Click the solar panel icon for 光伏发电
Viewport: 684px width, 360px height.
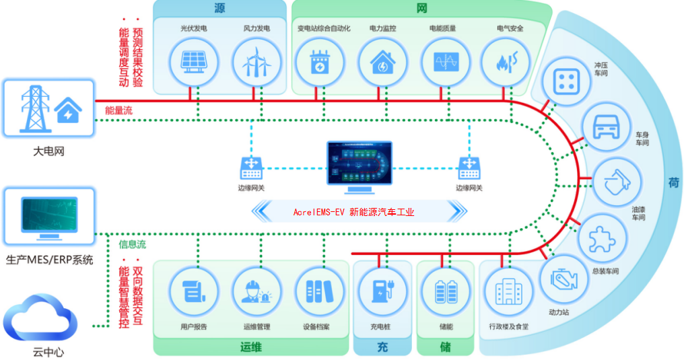[194, 62]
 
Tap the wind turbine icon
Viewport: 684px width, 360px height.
[256, 63]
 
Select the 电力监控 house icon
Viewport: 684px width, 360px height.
[382, 63]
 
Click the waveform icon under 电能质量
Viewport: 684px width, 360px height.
[446, 62]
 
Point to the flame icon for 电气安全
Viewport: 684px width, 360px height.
[507, 62]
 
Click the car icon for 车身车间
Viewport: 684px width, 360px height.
[606, 127]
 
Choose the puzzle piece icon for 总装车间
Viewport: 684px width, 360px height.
[602, 239]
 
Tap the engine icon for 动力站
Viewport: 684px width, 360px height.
[563, 280]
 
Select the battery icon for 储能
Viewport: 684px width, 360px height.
[446, 291]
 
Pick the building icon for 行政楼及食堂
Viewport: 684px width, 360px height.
[509, 291]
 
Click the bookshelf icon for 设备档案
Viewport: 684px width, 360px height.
[319, 291]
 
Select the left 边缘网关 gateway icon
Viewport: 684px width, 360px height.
[251, 168]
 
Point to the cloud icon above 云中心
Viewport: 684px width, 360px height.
[40, 317]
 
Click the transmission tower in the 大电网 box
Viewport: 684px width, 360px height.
[34, 109]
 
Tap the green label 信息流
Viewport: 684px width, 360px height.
[132, 244]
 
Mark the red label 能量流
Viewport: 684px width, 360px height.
[118, 111]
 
